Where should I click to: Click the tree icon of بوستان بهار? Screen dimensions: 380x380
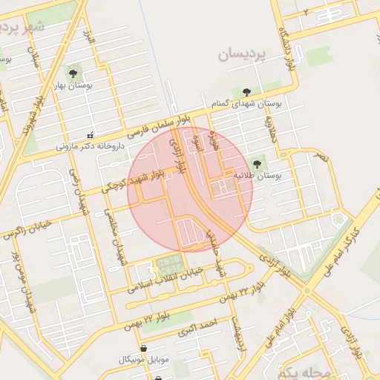tap(73, 72)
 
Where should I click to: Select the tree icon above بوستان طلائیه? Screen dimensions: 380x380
tap(258, 163)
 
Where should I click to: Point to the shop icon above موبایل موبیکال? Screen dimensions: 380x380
tap(143, 347)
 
